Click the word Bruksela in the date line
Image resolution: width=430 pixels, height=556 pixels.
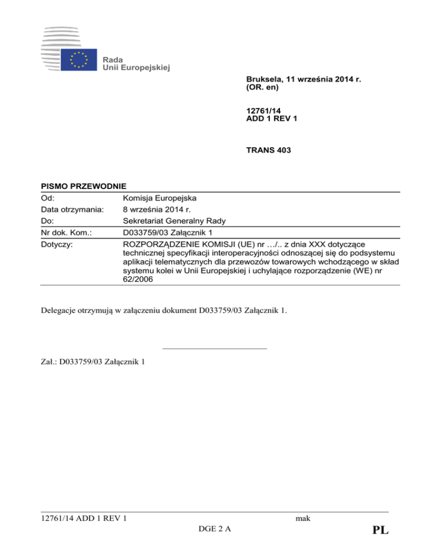point(264,80)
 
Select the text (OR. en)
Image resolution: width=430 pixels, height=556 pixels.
point(263,88)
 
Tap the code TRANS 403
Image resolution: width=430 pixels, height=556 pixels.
point(270,149)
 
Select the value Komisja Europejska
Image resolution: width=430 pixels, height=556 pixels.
point(159,197)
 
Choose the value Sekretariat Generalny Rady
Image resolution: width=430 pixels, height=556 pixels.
point(174,220)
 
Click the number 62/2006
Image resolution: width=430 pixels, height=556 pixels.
point(135,280)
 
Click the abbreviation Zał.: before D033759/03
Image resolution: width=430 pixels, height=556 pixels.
point(49,361)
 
